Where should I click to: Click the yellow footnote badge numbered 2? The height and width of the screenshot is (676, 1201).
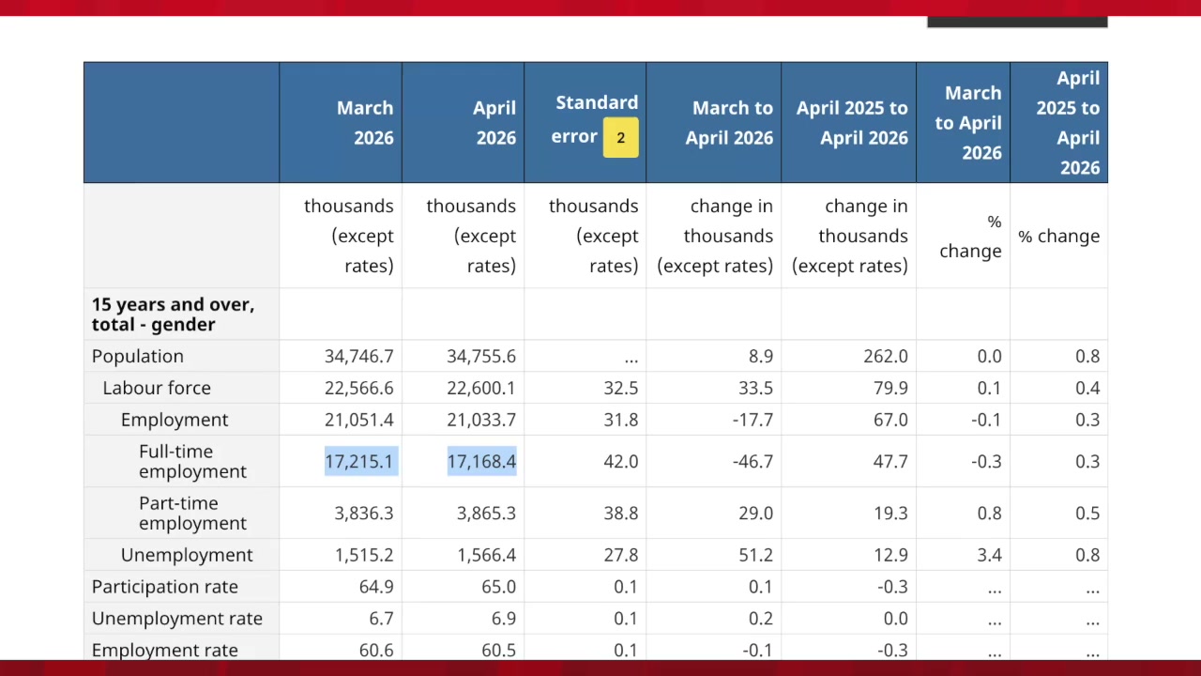[x=620, y=137]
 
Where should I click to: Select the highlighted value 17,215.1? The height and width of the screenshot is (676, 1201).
[x=361, y=461]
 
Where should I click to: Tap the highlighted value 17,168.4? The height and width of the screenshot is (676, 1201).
[x=481, y=461]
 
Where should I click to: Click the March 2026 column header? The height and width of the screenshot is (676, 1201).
[x=365, y=123]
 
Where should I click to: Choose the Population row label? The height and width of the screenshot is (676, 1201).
[x=137, y=356]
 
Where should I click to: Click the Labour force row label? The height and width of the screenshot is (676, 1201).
[x=157, y=388]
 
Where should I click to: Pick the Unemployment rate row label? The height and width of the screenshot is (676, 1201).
[x=177, y=618]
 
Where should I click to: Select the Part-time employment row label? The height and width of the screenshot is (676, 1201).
[x=192, y=513]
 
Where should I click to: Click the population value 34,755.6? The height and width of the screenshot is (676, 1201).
[x=481, y=356]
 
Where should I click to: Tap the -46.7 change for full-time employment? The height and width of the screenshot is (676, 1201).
[x=753, y=461]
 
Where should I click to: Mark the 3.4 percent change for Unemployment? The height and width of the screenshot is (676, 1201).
[x=989, y=554]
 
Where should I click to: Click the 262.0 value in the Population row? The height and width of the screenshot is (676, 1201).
[x=885, y=356]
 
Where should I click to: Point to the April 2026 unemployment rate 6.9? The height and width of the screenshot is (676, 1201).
[x=504, y=618]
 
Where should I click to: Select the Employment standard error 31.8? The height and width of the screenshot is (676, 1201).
[x=621, y=419]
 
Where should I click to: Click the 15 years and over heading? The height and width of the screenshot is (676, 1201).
[x=173, y=314]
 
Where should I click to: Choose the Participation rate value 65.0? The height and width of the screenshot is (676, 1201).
[x=498, y=587]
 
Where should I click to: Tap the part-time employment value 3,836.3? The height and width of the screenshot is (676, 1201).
[x=363, y=513]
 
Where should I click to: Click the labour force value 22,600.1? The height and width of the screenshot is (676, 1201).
[x=481, y=388]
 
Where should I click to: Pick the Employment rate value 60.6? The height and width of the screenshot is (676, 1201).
[x=376, y=650]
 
